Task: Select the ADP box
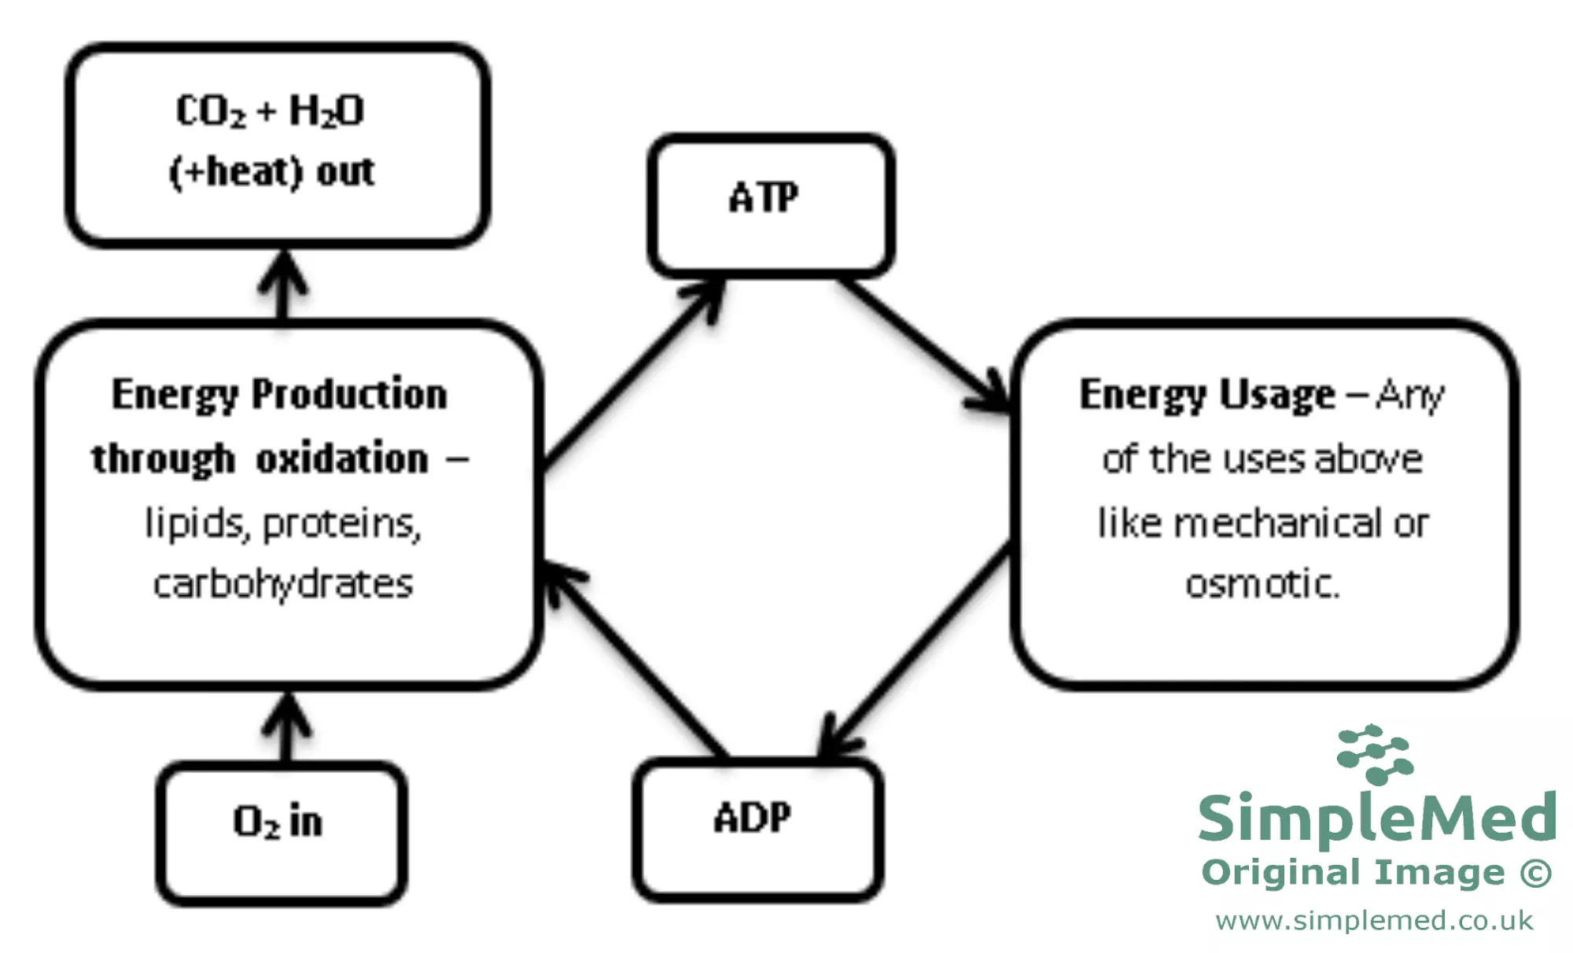tap(757, 830)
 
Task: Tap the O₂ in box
tap(281, 832)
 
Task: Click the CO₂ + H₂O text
tap(270, 111)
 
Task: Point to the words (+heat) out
tap(272, 172)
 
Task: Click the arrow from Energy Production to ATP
tap(629, 376)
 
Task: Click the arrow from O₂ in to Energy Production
tap(286, 727)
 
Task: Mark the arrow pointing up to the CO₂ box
tap(283, 285)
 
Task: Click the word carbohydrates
tap(283, 584)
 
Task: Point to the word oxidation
tap(343, 458)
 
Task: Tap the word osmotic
tap(1262, 584)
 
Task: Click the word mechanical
tap(1278, 523)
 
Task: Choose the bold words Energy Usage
tap(1206, 394)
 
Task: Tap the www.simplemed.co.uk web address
tap(1373, 920)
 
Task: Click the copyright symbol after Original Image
tap(1535, 873)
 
